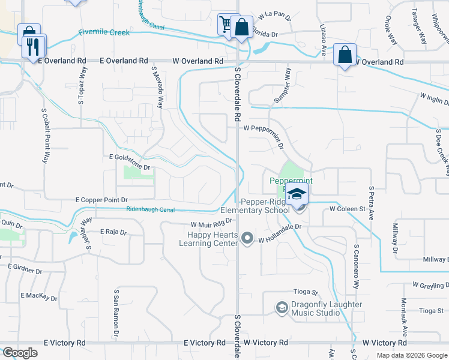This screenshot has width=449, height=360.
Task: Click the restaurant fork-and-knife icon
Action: tap(32, 46)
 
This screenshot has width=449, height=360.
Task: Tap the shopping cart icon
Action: tap(226, 25)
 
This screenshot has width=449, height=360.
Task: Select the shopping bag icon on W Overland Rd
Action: tap(345, 55)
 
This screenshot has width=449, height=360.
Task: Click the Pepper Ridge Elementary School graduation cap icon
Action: tap(297, 195)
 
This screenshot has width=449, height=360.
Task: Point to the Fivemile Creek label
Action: tap(103, 32)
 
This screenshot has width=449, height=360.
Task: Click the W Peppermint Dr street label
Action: tap(262, 128)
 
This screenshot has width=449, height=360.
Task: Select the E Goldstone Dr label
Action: tap(128, 157)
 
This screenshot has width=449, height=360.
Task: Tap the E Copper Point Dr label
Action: tap(101, 199)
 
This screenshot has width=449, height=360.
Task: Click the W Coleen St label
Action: tap(348, 209)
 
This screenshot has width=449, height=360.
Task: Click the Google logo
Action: tap(20, 353)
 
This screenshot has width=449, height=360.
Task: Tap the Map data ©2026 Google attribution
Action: tap(411, 355)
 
